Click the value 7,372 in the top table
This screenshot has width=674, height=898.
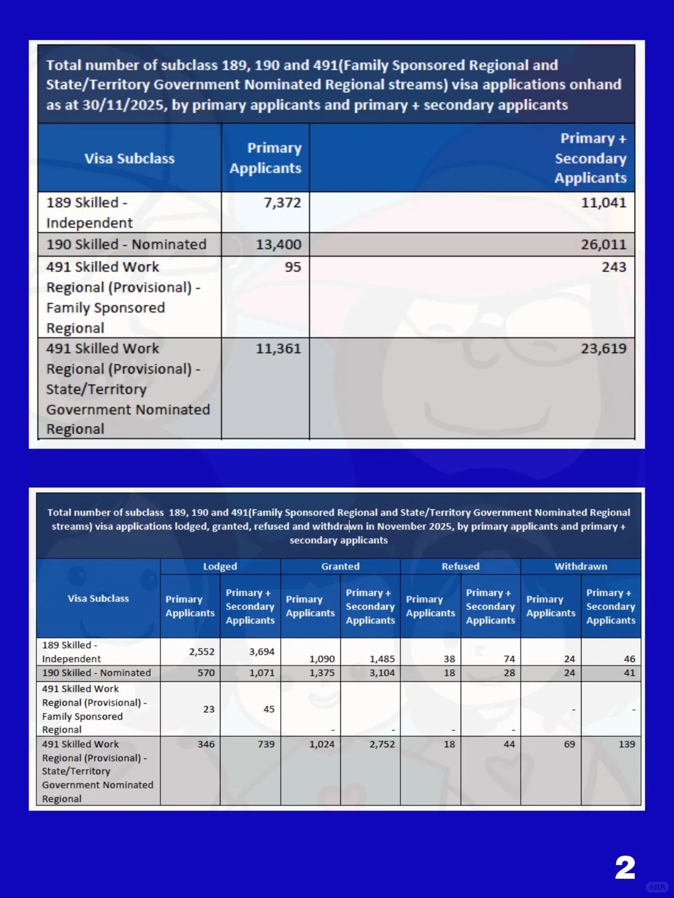[282, 203]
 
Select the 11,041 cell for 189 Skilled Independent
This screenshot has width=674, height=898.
[603, 203]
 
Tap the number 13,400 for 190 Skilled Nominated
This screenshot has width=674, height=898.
[278, 244]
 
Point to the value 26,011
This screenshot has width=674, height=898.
[603, 244]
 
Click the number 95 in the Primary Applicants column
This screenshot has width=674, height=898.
[293, 267]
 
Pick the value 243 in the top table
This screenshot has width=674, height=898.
[613, 267]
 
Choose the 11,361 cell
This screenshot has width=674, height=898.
[278, 349]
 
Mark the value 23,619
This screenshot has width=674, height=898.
[603, 349]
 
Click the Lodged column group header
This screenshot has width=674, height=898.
[220, 566]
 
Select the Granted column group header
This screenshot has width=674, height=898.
[340, 566]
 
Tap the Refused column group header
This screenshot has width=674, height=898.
[461, 566]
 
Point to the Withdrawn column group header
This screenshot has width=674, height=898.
[580, 566]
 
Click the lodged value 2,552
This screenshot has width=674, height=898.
[202, 652]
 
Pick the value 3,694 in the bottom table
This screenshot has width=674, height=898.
[261, 652]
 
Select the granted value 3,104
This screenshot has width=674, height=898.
[382, 673]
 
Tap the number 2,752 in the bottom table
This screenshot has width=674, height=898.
[382, 744]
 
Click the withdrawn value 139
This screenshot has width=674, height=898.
[627, 744]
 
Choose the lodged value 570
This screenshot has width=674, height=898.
[206, 673]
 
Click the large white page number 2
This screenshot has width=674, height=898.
[625, 867]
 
